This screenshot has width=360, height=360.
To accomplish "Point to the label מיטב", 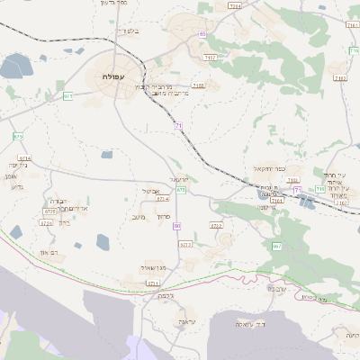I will tap(138, 216).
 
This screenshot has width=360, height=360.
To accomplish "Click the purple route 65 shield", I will tap(202, 34).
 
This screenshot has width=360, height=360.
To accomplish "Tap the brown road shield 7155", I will tap(198, 85).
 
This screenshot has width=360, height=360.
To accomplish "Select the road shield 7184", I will tap(235, 6).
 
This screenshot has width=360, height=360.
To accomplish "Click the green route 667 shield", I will tap(276, 246).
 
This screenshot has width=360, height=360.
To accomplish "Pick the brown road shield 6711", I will tap(153, 283).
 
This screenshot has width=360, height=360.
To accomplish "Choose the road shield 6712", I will tap(216, 225).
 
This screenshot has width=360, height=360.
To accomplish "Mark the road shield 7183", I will tap(339, 78).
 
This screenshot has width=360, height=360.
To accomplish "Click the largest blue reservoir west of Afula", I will tap(16, 65).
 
